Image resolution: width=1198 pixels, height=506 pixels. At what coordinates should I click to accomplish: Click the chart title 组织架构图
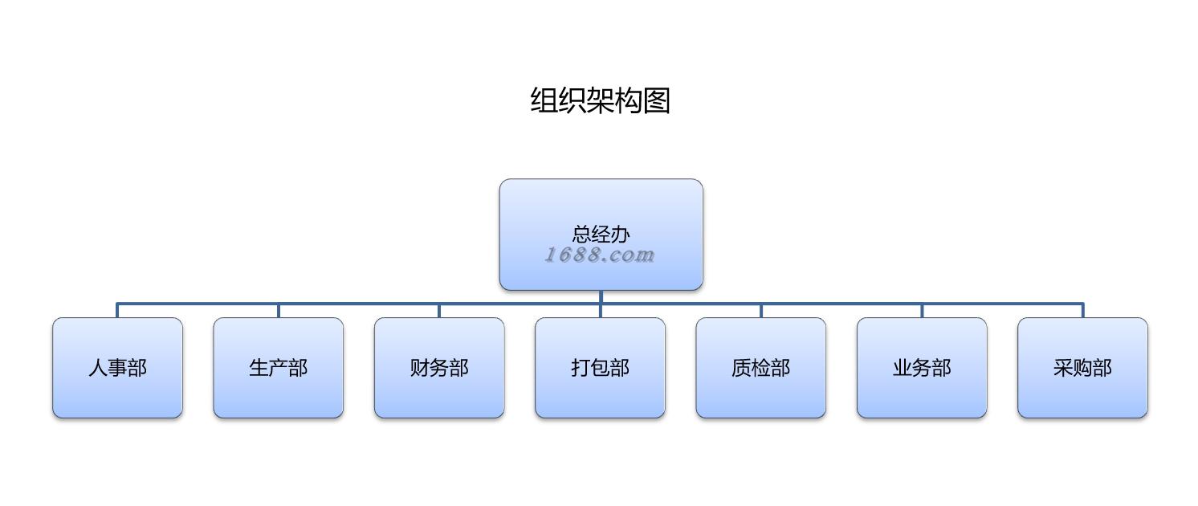tap(600, 100)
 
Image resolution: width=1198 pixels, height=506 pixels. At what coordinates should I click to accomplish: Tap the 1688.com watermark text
tap(600, 255)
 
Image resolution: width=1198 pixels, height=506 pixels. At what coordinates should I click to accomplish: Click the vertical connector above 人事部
tap(117, 311)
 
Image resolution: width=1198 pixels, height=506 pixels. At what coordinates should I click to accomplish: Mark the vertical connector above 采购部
tap(1082, 311)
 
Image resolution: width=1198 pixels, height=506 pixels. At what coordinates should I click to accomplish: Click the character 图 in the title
tap(657, 100)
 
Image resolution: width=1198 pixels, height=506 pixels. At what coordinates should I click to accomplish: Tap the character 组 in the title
tap(544, 100)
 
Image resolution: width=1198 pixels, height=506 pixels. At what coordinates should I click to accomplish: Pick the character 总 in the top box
tap(581, 234)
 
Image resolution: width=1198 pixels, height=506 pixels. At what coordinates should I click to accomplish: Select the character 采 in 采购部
tap(1063, 368)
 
